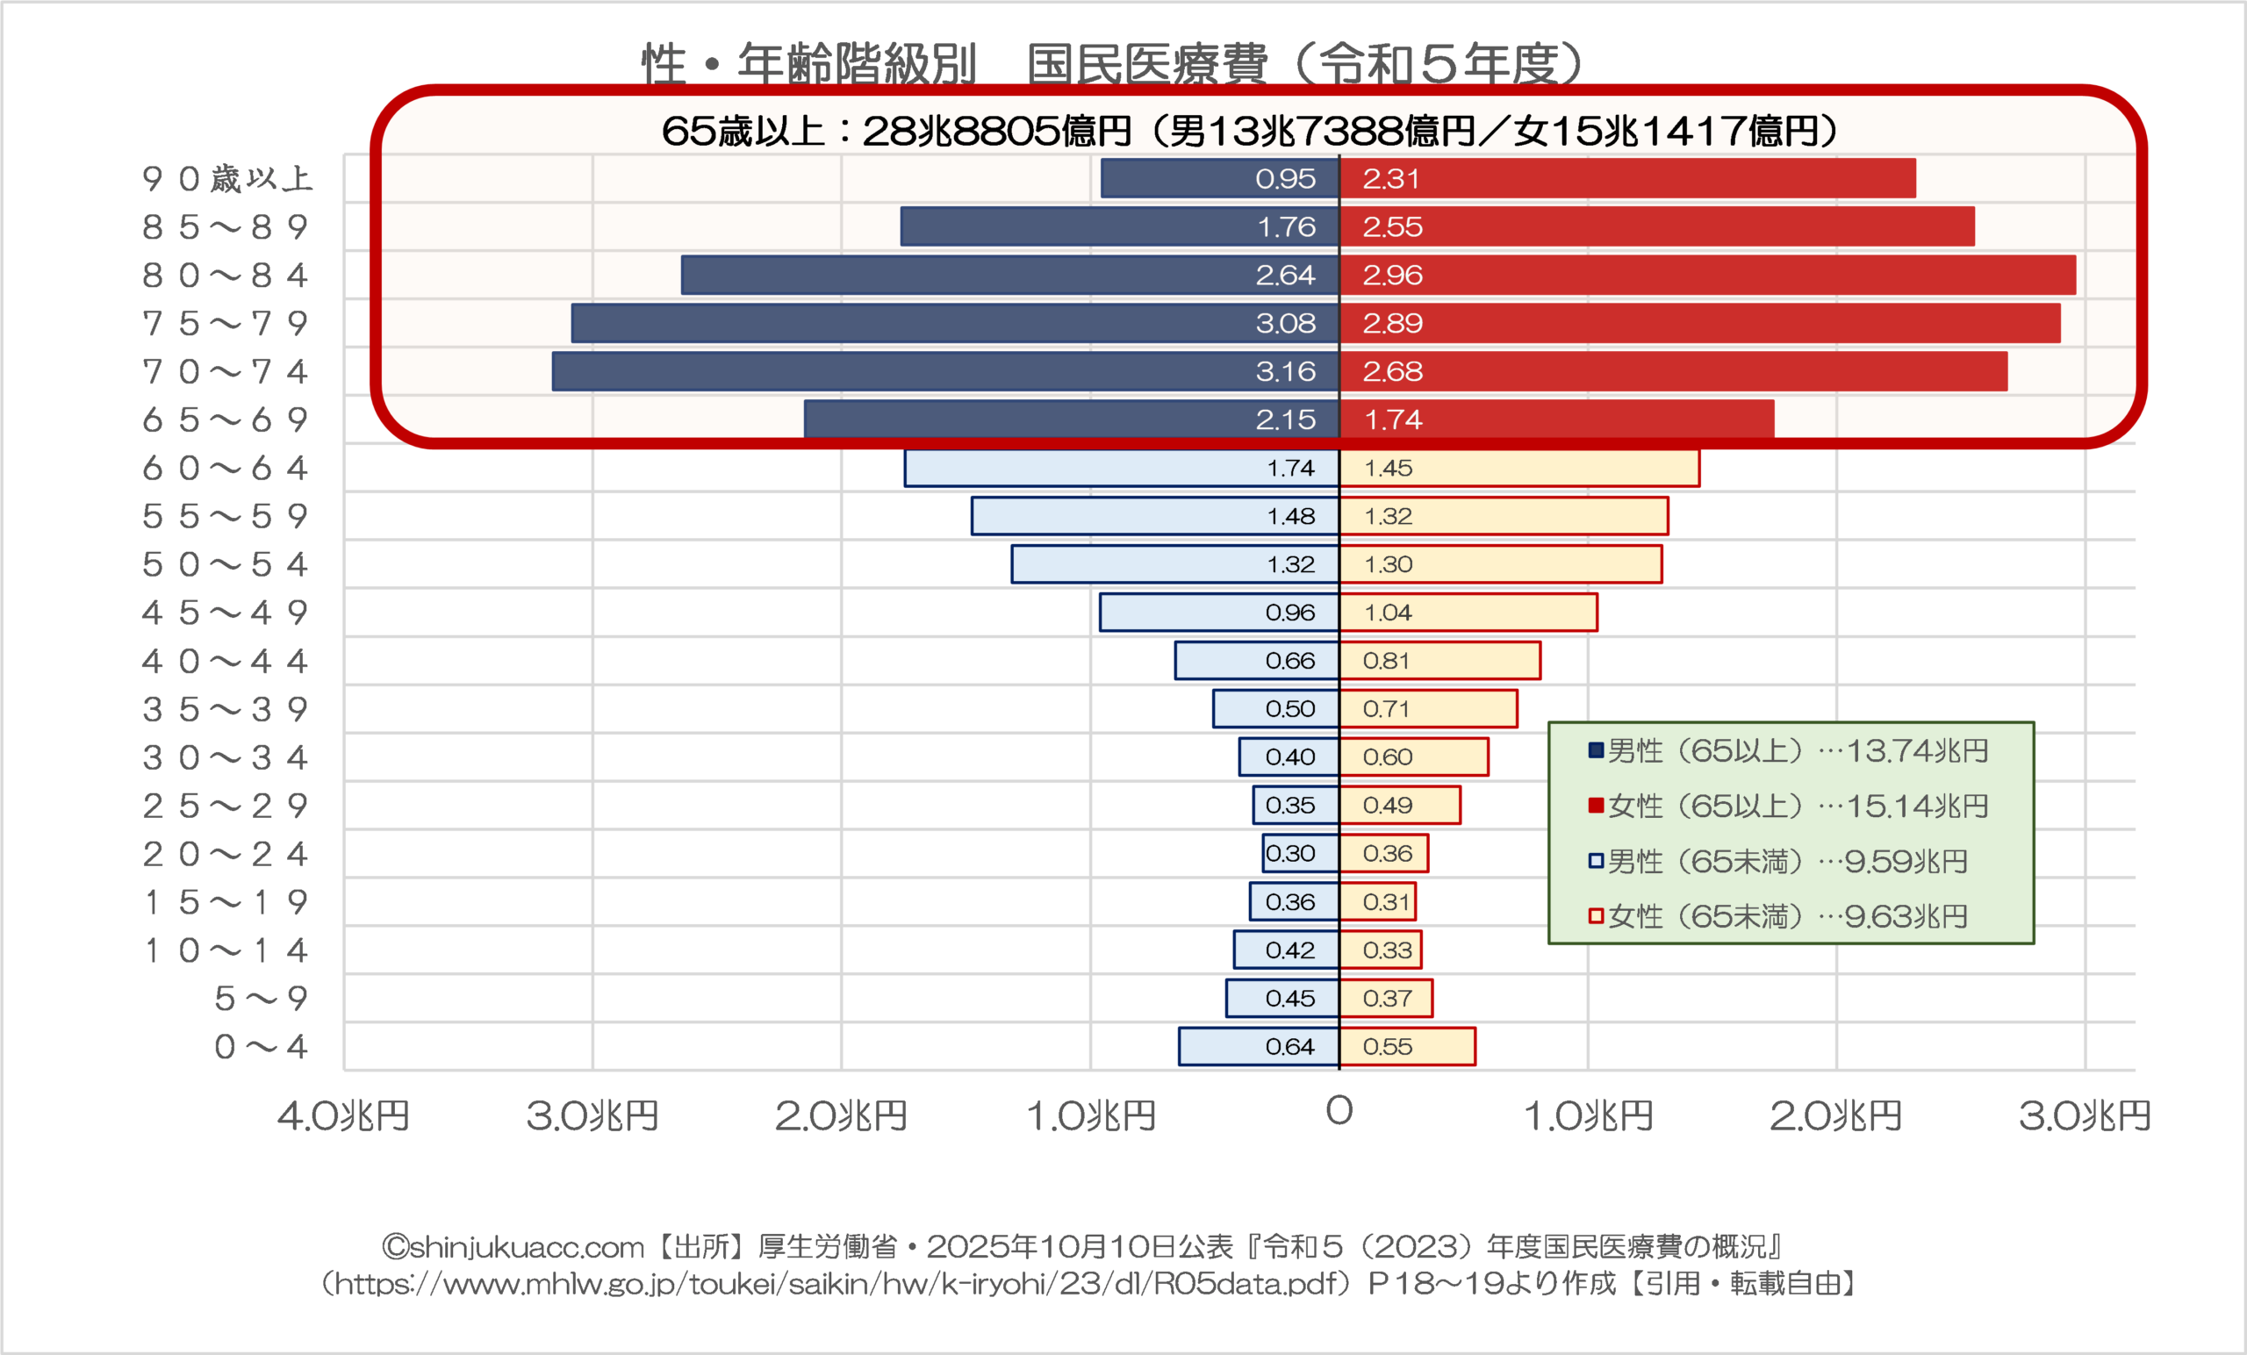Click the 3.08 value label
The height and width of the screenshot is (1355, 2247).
(x=1285, y=323)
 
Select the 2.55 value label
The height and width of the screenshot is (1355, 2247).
(x=1392, y=226)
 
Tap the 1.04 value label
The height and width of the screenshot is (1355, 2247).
(x=1387, y=613)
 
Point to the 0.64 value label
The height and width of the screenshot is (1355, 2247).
(x=1289, y=1047)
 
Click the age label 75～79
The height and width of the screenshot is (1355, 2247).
(x=226, y=323)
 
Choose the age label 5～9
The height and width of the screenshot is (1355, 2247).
(x=261, y=999)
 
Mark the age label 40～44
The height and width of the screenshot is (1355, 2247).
(x=226, y=661)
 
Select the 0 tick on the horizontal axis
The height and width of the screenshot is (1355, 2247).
(x=1339, y=1111)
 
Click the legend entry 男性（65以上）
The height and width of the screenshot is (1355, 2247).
(x=1787, y=750)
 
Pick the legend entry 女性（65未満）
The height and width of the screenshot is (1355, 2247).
(x=1777, y=915)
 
